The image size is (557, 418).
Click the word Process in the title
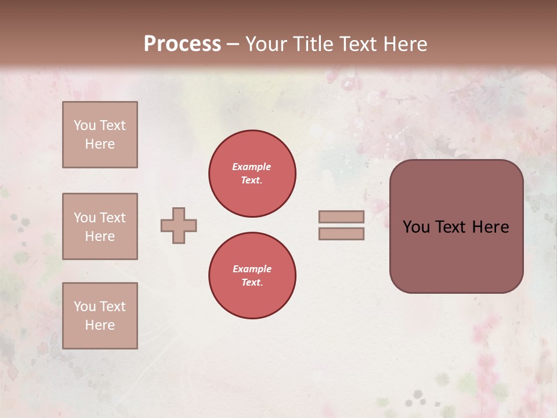pos(182,44)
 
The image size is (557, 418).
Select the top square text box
pos(100,135)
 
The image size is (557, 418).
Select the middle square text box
pos(100,226)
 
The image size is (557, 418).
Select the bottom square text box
pos(100,316)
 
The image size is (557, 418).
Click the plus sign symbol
pos(179,225)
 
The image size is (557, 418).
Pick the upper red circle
pos(252,174)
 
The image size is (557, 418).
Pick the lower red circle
pos(252,276)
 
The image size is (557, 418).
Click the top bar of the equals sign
pos(342,217)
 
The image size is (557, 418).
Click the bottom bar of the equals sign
pos(342,233)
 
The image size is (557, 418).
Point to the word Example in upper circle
pos(252,167)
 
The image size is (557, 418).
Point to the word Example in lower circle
pos(252,269)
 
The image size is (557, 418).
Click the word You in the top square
pos(85,125)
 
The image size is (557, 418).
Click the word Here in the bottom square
pos(100,325)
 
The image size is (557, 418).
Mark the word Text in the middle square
pos(113,218)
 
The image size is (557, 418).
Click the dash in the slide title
pos(233,45)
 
